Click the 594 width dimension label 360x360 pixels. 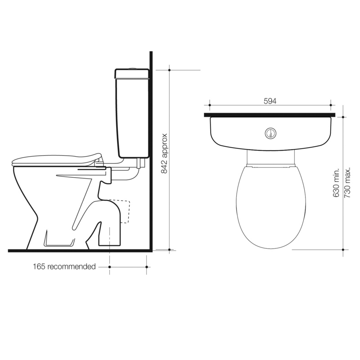(270, 101)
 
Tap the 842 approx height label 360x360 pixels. (164, 153)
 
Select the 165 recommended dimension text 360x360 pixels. (64, 266)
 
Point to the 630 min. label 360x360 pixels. (336, 183)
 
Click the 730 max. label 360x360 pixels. (347, 183)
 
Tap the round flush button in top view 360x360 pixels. (270, 133)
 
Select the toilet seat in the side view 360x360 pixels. (57, 160)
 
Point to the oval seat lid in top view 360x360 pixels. (271, 207)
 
